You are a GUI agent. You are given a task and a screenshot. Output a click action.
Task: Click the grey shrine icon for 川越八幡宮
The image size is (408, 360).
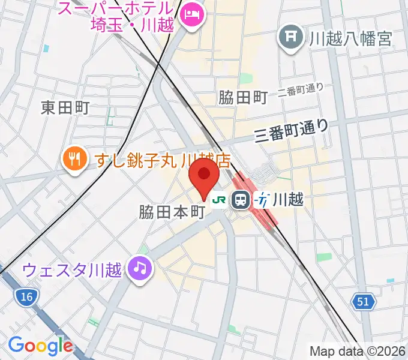[291, 38]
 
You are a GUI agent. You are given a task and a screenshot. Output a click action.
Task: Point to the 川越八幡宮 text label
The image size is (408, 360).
[350, 39]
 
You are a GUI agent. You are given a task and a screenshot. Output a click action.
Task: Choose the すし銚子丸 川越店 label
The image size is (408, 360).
[163, 160]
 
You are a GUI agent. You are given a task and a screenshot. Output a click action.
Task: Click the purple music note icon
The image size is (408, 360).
[141, 268]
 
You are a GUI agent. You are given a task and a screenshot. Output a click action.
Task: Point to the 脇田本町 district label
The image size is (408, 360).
[172, 212]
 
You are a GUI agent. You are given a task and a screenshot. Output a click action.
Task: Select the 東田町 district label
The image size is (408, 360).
[65, 107]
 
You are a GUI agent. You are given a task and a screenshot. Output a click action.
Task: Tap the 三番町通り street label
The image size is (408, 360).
[292, 130]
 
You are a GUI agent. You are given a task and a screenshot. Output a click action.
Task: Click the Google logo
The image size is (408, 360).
[40, 345]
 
